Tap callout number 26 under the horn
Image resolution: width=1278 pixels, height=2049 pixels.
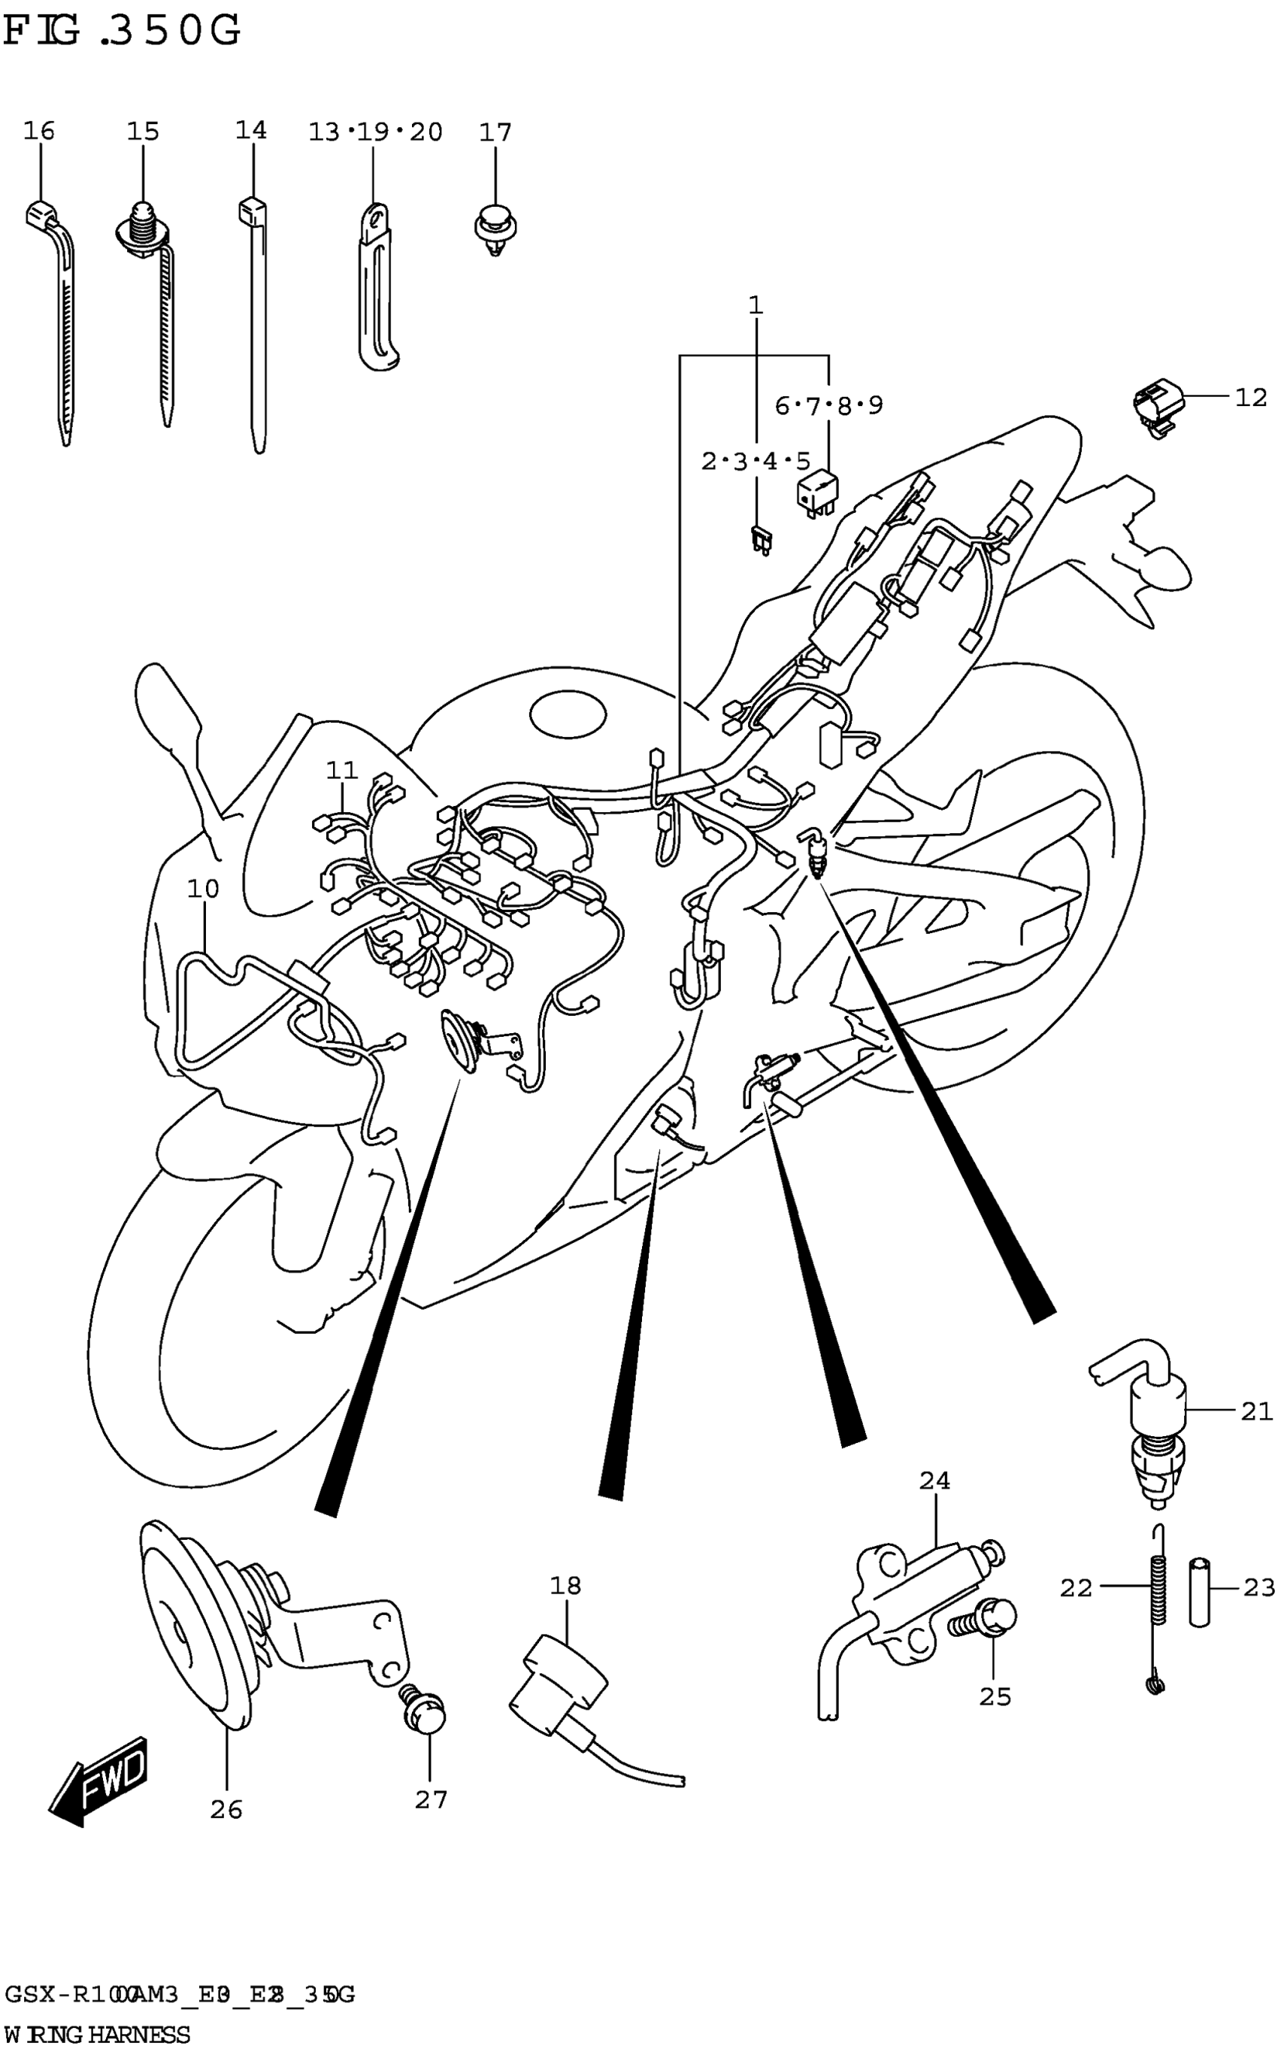pos(226,1810)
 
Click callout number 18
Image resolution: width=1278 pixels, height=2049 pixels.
pos(565,1586)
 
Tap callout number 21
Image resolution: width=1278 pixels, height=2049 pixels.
pos(1256,1411)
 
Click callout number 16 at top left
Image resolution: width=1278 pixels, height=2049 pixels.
pos(39,131)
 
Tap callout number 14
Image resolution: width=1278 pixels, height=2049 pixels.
pos(251,130)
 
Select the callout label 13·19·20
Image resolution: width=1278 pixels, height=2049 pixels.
pos(374,132)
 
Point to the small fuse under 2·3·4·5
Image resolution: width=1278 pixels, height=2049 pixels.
pos(759,538)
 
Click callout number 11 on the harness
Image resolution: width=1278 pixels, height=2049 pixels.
pos(341,770)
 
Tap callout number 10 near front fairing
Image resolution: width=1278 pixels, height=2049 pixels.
pos(203,889)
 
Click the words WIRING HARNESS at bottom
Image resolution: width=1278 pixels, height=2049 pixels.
pos(97,2035)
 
